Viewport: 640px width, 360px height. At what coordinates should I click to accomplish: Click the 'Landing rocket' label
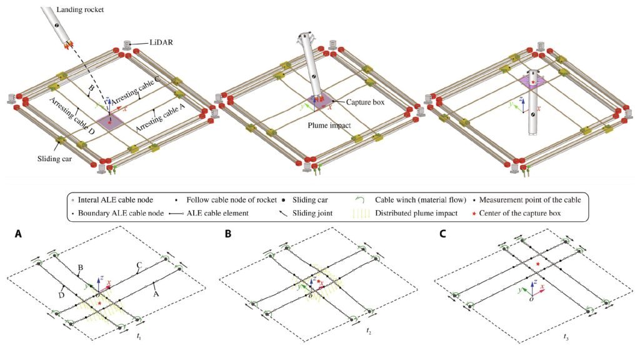[80, 9]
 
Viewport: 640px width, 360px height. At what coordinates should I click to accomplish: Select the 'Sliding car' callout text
[55, 158]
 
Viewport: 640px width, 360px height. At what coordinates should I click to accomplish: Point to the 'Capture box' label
[365, 102]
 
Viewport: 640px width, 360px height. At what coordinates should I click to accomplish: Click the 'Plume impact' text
[329, 125]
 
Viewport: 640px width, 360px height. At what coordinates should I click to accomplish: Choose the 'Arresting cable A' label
[160, 117]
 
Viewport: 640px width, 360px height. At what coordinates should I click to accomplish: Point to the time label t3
[566, 337]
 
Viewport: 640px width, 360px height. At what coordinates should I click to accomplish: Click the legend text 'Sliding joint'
[312, 213]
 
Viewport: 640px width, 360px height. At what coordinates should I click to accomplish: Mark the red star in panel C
[539, 264]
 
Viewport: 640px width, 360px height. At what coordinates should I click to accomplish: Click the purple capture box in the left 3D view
[110, 122]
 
